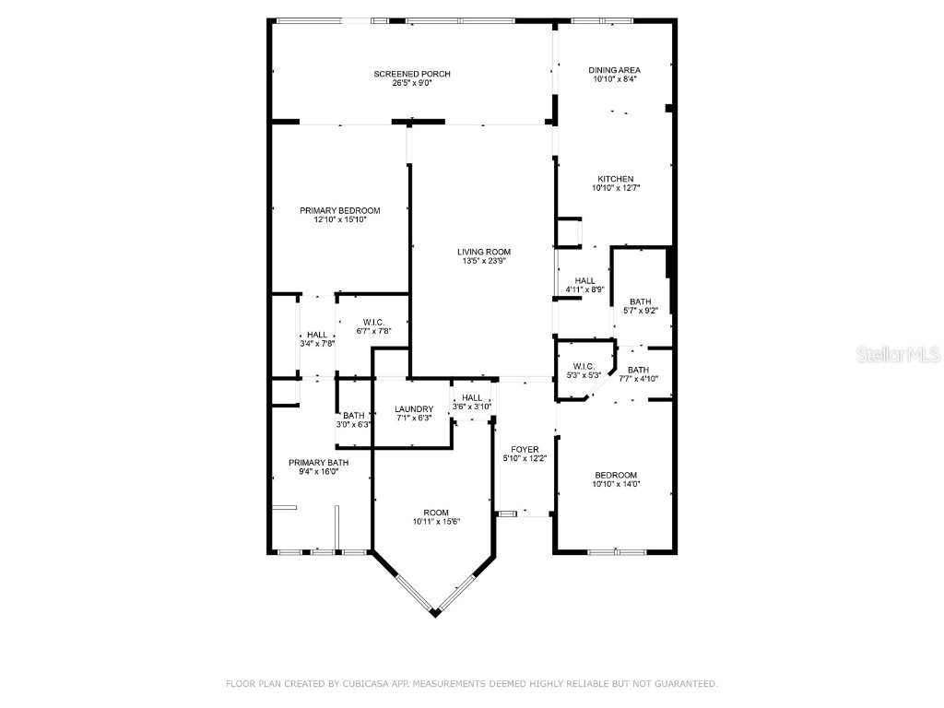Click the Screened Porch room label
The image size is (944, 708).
click(x=411, y=74)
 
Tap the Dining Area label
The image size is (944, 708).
click(x=614, y=70)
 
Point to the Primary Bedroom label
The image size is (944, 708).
click(x=339, y=210)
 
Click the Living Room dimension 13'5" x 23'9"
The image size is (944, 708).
click(x=484, y=261)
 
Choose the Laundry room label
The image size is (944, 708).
click(x=413, y=409)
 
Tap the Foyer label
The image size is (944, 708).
click(x=525, y=450)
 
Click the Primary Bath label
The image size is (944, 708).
click(x=318, y=463)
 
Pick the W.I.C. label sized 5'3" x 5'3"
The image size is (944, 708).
click(x=583, y=366)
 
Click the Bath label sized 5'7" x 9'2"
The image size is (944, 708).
click(x=640, y=301)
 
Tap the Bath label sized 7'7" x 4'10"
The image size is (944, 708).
click(x=638, y=370)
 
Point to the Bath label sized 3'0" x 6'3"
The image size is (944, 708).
click(x=354, y=416)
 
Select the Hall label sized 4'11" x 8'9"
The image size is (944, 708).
click(x=584, y=281)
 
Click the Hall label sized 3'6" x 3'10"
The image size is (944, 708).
click(x=471, y=397)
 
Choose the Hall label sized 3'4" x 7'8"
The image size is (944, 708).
click(x=316, y=335)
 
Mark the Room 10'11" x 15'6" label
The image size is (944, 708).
click(x=436, y=513)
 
